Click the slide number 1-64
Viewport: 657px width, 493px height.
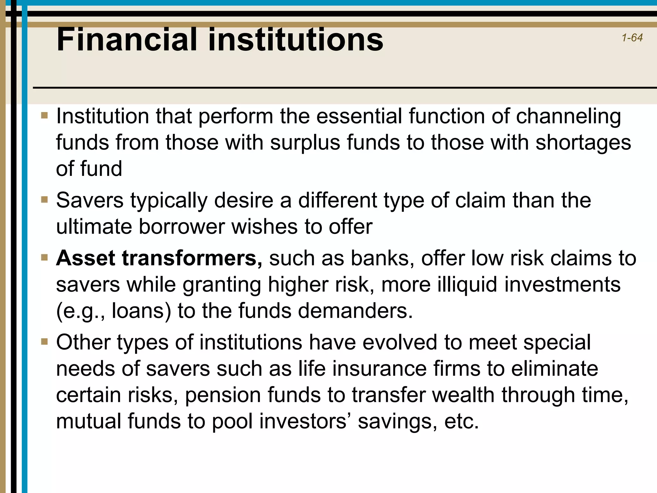[x=632, y=38]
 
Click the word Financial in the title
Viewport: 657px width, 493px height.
[x=126, y=39]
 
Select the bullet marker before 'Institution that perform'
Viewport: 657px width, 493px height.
[x=45, y=115]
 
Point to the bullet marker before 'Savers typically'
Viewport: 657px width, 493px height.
[x=45, y=200]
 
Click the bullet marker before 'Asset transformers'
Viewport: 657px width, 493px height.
[x=45, y=257]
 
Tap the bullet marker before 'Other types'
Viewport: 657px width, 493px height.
[x=45, y=342]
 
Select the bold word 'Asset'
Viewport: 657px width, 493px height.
[x=86, y=258]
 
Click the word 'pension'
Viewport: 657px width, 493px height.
[x=223, y=395]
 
